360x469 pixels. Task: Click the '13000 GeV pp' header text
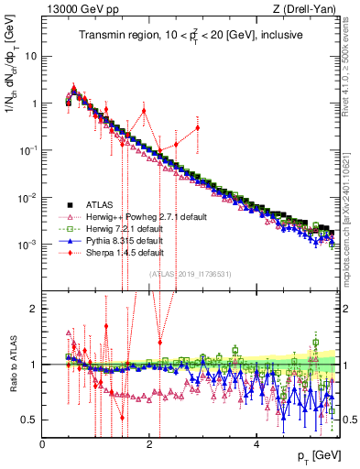pos(81,9)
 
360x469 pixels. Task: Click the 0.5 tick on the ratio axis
pos(29,420)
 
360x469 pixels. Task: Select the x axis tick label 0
pos(43,445)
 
